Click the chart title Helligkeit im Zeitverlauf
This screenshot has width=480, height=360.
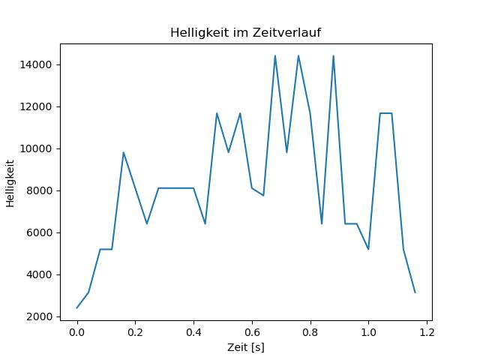click(x=245, y=32)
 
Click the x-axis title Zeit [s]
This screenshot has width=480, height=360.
click(x=246, y=347)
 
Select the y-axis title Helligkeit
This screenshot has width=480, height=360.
click(x=10, y=183)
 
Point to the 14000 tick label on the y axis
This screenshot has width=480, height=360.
click(x=35, y=65)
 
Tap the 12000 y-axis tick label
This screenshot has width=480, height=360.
click(x=35, y=106)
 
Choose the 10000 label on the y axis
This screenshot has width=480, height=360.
click(x=35, y=148)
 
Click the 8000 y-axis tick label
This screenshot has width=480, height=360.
click(x=39, y=190)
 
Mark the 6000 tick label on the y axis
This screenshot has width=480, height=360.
click(x=39, y=232)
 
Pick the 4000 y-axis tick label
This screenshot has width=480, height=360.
click(x=39, y=274)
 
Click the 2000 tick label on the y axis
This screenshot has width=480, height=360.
click(x=39, y=316)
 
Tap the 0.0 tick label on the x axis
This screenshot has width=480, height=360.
click(x=76, y=332)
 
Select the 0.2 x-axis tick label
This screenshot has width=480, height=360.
click(x=135, y=332)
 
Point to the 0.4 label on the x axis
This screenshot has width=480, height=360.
click(x=193, y=332)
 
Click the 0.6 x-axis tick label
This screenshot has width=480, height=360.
click(x=252, y=332)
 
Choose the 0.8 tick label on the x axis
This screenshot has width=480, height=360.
click(x=310, y=332)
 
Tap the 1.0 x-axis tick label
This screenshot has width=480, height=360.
click(x=368, y=332)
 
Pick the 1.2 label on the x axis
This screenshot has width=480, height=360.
click(x=427, y=332)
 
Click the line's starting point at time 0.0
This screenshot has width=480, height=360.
click(x=76, y=308)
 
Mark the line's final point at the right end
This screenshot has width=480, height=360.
click(x=415, y=292)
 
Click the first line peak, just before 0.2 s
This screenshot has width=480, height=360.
click(x=123, y=152)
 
